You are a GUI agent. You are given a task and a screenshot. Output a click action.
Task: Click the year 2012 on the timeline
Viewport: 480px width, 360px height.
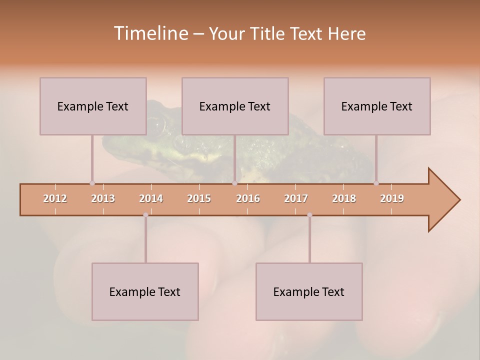[55, 198]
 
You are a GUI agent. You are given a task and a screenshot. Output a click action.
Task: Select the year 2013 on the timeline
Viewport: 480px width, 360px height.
[103, 198]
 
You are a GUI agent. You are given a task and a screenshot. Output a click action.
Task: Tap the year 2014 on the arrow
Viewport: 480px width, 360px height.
[151, 198]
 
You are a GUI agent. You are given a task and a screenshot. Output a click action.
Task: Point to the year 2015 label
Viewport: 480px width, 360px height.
[199, 198]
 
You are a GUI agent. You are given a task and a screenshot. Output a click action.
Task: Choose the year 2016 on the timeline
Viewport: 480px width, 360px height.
[248, 198]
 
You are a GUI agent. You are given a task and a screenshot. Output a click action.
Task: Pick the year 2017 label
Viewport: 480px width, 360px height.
[296, 198]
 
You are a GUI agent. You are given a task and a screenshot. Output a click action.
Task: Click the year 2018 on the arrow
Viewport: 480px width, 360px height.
[344, 198]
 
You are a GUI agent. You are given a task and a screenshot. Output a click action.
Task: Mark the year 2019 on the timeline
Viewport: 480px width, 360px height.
[392, 198]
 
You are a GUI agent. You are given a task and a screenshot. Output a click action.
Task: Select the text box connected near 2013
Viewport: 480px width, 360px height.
[93, 106]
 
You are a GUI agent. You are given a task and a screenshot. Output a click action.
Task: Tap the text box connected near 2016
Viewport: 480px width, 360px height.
[235, 106]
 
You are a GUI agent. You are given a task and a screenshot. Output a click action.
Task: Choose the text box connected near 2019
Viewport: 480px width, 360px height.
[377, 106]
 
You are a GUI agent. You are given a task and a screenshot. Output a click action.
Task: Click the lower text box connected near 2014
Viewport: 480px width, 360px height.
[145, 291]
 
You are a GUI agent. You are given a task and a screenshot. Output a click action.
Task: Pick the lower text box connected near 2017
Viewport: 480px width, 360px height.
[309, 291]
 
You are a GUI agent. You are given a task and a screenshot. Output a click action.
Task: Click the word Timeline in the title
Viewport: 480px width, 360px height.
[150, 33]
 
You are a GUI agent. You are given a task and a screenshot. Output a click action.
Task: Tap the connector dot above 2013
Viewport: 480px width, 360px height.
[92, 183]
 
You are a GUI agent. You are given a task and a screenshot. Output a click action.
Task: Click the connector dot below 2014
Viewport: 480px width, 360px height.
[145, 215]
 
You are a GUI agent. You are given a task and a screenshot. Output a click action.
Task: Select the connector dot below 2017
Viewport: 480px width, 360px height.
[309, 215]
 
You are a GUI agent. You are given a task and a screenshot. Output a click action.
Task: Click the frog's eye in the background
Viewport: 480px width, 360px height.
[154, 125]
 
